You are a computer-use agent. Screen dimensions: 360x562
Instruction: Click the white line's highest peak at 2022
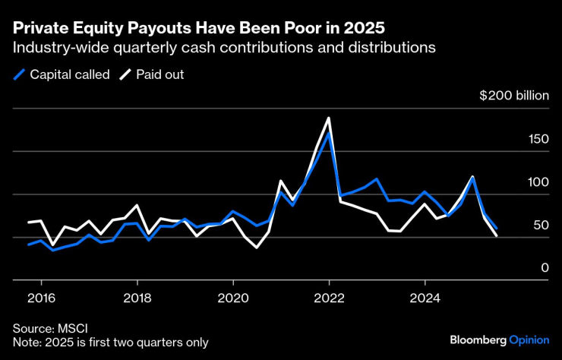[x=329, y=118]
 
